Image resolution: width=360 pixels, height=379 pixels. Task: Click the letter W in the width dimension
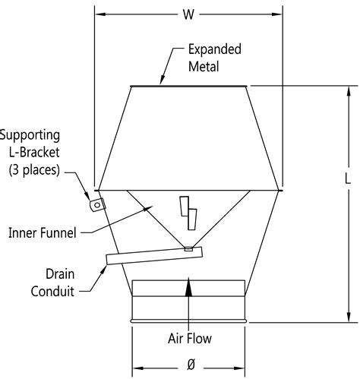188,13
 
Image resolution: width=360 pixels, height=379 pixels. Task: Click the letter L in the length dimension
347,179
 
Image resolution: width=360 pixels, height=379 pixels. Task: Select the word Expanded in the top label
215,49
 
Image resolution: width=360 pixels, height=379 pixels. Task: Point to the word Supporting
30,137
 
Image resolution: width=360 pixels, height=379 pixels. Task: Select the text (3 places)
34,170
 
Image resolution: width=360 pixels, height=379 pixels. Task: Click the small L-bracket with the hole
96,204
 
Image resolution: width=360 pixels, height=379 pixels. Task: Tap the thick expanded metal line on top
189,86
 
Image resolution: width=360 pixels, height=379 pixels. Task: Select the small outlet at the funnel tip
188,248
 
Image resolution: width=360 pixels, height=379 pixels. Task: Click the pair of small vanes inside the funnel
188,213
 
